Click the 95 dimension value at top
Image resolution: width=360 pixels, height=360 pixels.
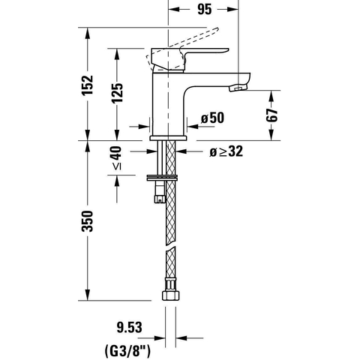205,9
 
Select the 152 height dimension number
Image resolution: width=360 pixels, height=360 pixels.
88,85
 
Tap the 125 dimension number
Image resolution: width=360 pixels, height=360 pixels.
117,93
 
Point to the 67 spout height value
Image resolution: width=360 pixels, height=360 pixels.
271,115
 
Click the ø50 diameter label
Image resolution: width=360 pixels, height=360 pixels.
213,118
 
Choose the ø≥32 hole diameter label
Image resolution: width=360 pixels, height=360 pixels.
226,151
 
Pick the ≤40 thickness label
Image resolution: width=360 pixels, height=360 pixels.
116,158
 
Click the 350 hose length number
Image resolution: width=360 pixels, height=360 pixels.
88,221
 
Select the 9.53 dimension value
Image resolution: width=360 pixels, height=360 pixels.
129,327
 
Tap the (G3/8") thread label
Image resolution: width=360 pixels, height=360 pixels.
127,351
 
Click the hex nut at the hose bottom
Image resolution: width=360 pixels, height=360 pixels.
171,295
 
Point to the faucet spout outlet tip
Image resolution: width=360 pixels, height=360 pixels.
238,88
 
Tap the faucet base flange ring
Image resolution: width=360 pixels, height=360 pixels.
168,138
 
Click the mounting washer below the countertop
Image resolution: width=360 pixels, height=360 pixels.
162,178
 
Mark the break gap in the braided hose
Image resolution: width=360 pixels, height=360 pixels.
171,246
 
